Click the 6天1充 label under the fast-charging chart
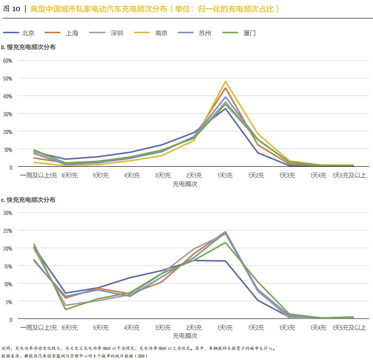70,328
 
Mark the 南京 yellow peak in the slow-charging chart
225,82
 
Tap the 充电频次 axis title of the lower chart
185,335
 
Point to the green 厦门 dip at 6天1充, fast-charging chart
65,309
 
